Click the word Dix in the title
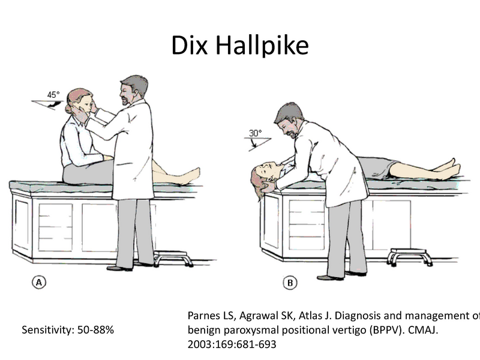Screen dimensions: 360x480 coord(191,46)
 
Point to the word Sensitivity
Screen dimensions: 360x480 coord(44,329)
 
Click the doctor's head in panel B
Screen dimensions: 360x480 coord(289,119)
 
